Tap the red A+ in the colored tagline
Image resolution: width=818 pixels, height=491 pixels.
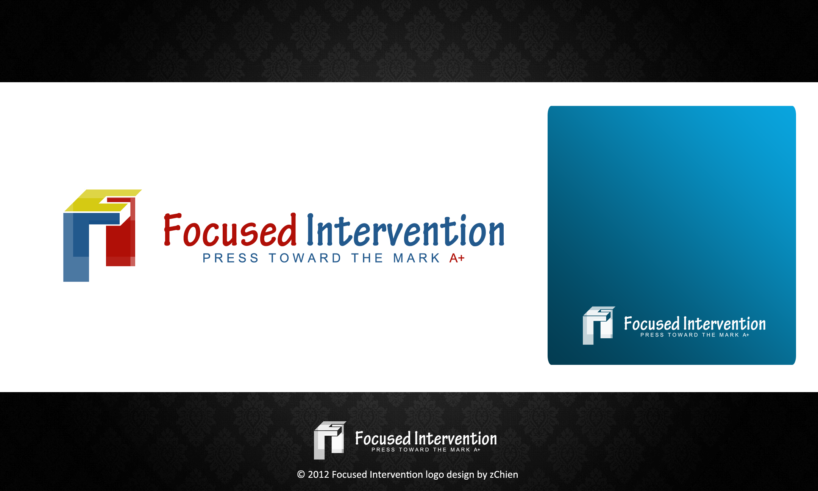click(x=457, y=258)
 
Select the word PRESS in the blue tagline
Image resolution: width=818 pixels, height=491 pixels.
click(x=231, y=258)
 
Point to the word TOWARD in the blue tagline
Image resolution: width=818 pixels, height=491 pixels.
click(x=305, y=258)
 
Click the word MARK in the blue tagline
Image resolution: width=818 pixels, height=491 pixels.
click(x=417, y=258)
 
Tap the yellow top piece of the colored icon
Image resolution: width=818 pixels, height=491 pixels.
click(x=102, y=200)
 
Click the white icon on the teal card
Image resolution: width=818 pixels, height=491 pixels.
click(x=599, y=325)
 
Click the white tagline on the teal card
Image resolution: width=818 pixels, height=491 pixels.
click(x=695, y=335)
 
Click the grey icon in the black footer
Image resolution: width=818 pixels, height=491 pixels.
click(x=330, y=440)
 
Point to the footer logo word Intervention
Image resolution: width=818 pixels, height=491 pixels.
click(x=456, y=439)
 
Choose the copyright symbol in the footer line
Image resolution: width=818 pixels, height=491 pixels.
click(x=301, y=475)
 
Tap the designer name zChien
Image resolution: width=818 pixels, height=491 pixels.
click(x=504, y=475)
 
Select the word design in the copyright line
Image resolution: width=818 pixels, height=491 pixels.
click(x=460, y=475)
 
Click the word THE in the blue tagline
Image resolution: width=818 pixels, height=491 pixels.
click(x=367, y=258)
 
